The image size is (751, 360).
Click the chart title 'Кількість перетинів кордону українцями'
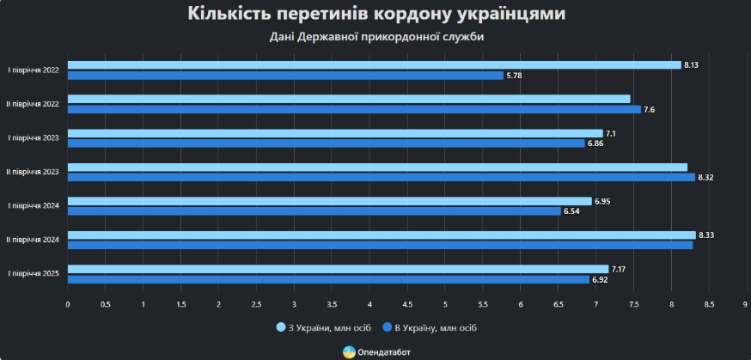pos(375,15)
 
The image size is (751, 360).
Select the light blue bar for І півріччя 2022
pos(374,65)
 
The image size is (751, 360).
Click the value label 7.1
pos(612,133)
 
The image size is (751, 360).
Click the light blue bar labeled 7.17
pos(338,269)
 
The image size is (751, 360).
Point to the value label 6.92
pos(600,280)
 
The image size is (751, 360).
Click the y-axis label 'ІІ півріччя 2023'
pos(33,172)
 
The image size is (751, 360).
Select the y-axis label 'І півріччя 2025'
pos(34,273)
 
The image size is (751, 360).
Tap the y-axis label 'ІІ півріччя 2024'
pos(33,240)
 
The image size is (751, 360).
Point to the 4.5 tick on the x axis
pos(407,304)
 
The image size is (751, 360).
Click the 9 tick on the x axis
pos(746,304)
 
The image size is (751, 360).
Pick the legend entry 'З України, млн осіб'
pos(325,327)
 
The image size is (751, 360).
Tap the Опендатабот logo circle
pos(349,351)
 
